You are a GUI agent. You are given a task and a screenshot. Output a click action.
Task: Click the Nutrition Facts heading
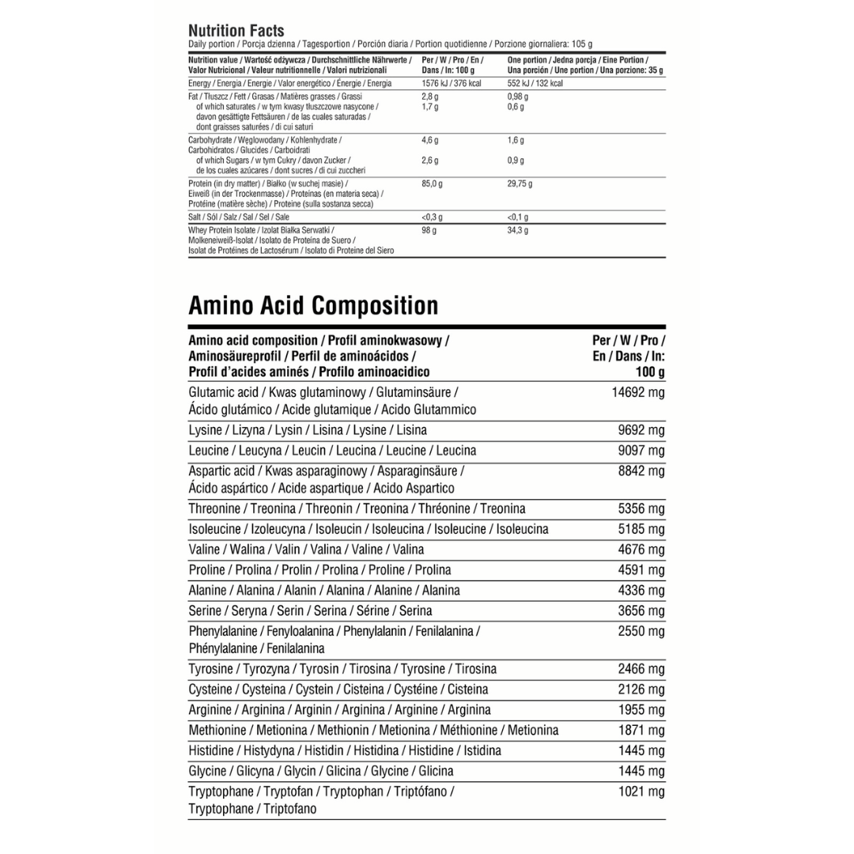[236, 31]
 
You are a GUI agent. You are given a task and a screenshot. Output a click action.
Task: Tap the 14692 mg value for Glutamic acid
[638, 391]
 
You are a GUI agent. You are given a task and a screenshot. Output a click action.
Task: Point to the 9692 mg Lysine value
[641, 430]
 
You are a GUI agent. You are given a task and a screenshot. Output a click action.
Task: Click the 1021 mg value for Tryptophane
[641, 791]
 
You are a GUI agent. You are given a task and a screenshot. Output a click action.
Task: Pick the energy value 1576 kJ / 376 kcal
[452, 83]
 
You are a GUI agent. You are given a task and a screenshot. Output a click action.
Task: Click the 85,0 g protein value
[433, 184]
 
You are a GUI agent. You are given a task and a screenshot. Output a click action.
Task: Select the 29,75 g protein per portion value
[520, 184]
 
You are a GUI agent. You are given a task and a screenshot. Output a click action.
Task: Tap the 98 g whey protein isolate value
[430, 230]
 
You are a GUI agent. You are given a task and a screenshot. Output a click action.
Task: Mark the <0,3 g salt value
[433, 217]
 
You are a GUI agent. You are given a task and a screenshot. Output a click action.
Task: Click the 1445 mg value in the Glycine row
[641, 771]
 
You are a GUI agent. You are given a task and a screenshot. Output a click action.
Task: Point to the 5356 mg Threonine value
[641, 508]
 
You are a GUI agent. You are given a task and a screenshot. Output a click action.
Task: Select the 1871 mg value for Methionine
[641, 730]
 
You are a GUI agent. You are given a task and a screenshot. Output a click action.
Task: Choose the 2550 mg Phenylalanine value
[641, 631]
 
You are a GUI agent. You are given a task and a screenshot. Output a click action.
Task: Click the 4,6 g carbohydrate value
[430, 140]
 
